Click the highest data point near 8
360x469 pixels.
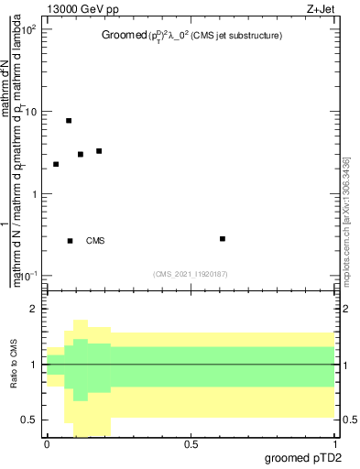coord(69,121)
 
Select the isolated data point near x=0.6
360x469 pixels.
coord(223,239)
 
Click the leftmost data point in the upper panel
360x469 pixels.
coord(56,164)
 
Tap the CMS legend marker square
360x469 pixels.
coord(71,241)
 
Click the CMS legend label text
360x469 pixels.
coord(95,241)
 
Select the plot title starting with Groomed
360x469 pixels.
coord(191,36)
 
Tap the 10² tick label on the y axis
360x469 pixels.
coord(28,29)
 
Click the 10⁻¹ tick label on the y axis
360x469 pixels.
coord(27,275)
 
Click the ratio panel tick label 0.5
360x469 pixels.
coord(29,420)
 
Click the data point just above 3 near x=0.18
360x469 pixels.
coord(99,151)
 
